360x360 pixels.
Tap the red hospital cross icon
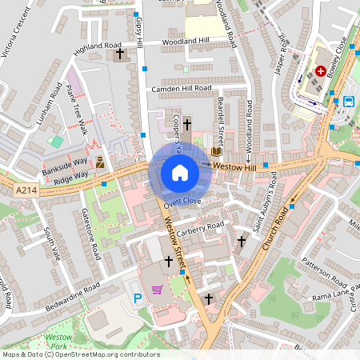(x=321, y=70)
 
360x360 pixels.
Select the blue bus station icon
(x=349, y=102)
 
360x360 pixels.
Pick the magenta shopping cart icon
(x=158, y=289)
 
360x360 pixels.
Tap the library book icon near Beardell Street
(x=216, y=150)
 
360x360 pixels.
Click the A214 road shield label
(x=26, y=190)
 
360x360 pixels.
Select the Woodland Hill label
(x=185, y=41)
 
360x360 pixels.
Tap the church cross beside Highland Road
(x=121, y=54)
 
